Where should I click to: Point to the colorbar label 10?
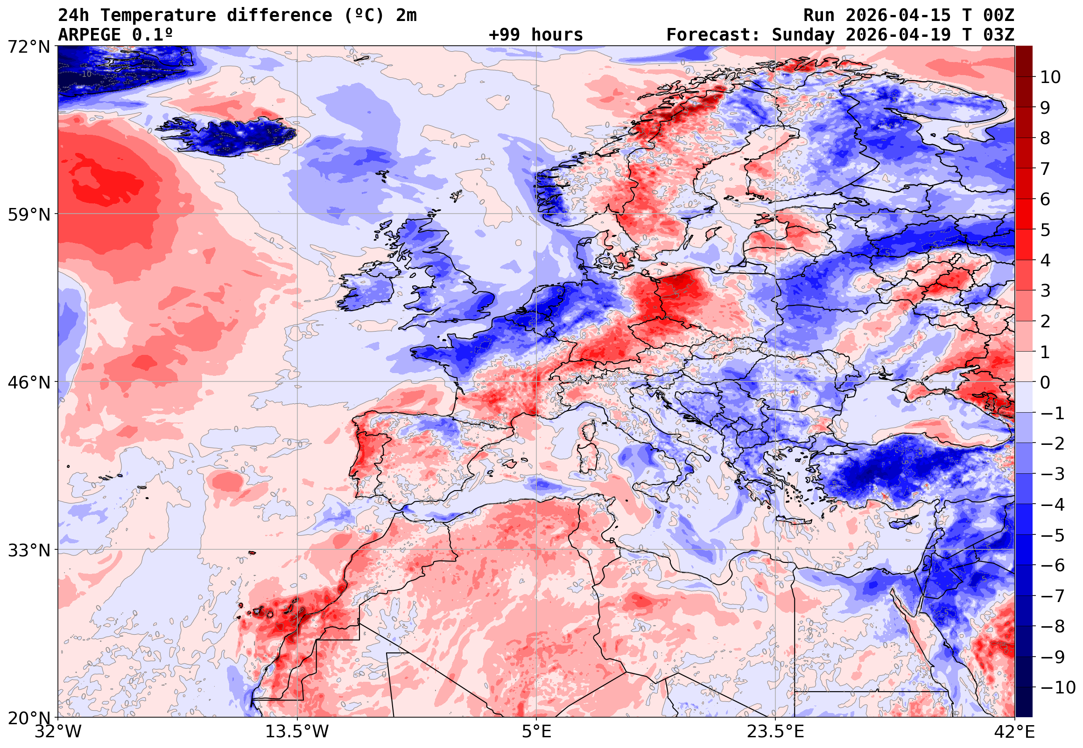coord(1050,77)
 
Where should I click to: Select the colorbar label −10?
coord(1058,687)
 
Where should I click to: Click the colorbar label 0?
coord(1045,382)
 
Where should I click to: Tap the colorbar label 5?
coord(1045,230)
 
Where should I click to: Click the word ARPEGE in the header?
coord(89,35)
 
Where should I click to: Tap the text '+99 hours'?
coord(535,35)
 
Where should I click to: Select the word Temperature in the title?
coord(158,15)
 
